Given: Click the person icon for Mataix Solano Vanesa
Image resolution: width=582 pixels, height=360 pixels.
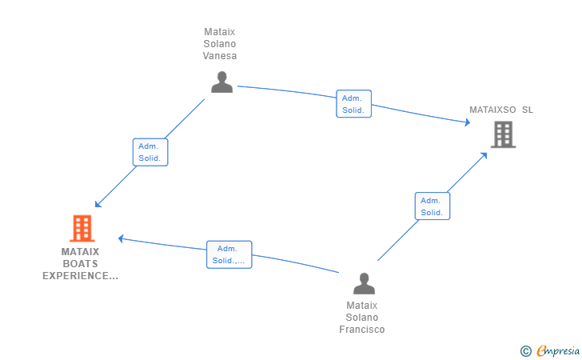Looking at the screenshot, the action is (x=222, y=82).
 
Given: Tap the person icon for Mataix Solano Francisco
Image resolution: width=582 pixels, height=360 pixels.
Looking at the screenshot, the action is (x=364, y=284).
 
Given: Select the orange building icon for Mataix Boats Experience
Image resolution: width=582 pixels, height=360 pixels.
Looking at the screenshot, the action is (x=82, y=228).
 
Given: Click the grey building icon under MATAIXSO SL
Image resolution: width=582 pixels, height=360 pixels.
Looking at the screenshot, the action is (x=504, y=134).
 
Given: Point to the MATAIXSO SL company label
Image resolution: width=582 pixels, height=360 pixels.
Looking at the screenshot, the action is (x=501, y=110).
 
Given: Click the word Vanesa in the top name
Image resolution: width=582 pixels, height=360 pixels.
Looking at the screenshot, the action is (x=220, y=56).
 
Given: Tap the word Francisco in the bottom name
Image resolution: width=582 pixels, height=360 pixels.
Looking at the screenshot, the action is (x=362, y=330).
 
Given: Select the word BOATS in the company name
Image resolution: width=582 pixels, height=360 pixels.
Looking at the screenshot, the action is (x=80, y=264).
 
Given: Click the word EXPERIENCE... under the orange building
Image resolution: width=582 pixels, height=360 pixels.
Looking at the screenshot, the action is (x=80, y=276).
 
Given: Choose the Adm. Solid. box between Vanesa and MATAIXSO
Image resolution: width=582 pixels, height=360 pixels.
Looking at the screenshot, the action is (x=353, y=104).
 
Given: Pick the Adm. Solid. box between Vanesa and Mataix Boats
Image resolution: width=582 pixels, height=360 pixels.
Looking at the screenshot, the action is (x=150, y=152).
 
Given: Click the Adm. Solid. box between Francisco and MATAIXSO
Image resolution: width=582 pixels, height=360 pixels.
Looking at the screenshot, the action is (x=433, y=206).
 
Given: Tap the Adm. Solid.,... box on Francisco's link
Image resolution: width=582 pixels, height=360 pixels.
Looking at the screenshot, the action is (x=229, y=254).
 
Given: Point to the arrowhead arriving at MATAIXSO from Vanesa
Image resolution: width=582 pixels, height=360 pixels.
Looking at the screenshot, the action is (x=468, y=122).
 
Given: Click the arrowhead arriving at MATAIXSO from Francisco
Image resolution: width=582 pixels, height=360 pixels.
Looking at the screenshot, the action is (x=484, y=156).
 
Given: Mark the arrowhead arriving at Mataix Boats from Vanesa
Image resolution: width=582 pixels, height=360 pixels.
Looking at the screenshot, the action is (x=98, y=204).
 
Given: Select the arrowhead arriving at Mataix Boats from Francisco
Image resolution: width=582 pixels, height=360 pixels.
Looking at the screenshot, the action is (x=121, y=239).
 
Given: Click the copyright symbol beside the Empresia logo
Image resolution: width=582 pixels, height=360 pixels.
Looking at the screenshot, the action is (x=525, y=351).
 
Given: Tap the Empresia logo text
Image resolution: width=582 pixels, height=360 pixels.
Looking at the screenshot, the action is (x=558, y=350).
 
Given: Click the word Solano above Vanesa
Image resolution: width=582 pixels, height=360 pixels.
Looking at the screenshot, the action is (x=220, y=44).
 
